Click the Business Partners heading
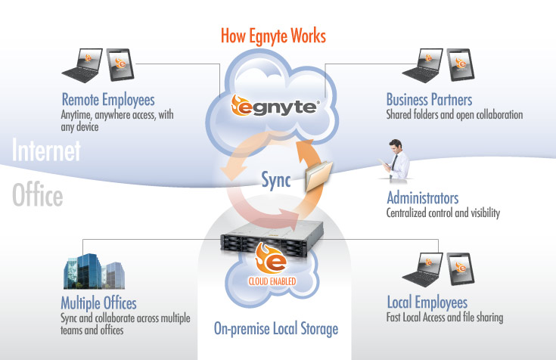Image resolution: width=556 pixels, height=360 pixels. coord(429,99)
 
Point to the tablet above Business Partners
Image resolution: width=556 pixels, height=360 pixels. coord(461,67)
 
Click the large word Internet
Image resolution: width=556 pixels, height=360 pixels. coord(46,151)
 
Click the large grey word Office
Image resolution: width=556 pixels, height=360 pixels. coord(38,197)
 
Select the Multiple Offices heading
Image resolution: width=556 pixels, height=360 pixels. coord(98,303)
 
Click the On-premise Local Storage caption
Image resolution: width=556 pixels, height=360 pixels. coord(275,329)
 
